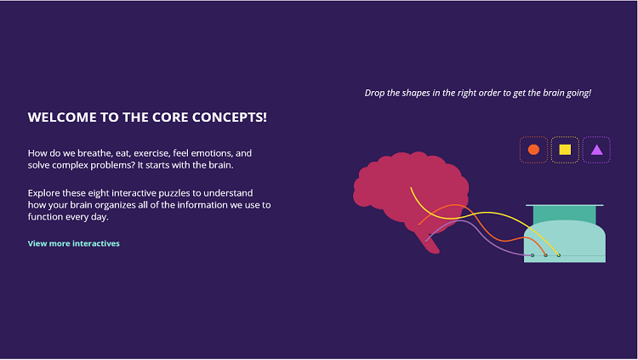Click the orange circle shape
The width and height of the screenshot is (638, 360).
(533, 150)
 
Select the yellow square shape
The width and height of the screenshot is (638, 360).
(565, 150)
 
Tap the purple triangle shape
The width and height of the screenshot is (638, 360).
(596, 150)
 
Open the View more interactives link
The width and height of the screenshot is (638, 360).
(74, 243)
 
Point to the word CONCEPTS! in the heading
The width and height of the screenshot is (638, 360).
(230, 117)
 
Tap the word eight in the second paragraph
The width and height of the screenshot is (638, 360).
(99, 193)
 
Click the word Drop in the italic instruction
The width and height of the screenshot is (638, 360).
(374, 94)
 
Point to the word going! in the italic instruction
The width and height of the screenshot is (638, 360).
(578, 94)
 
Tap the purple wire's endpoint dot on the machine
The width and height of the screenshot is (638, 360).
(533, 255)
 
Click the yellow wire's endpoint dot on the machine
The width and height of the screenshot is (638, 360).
(559, 255)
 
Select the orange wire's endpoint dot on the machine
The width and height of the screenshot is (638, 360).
(545, 255)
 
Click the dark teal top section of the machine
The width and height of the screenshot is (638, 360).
(565, 214)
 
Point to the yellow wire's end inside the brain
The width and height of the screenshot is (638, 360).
(411, 188)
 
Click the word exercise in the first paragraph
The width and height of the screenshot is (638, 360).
(151, 153)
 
